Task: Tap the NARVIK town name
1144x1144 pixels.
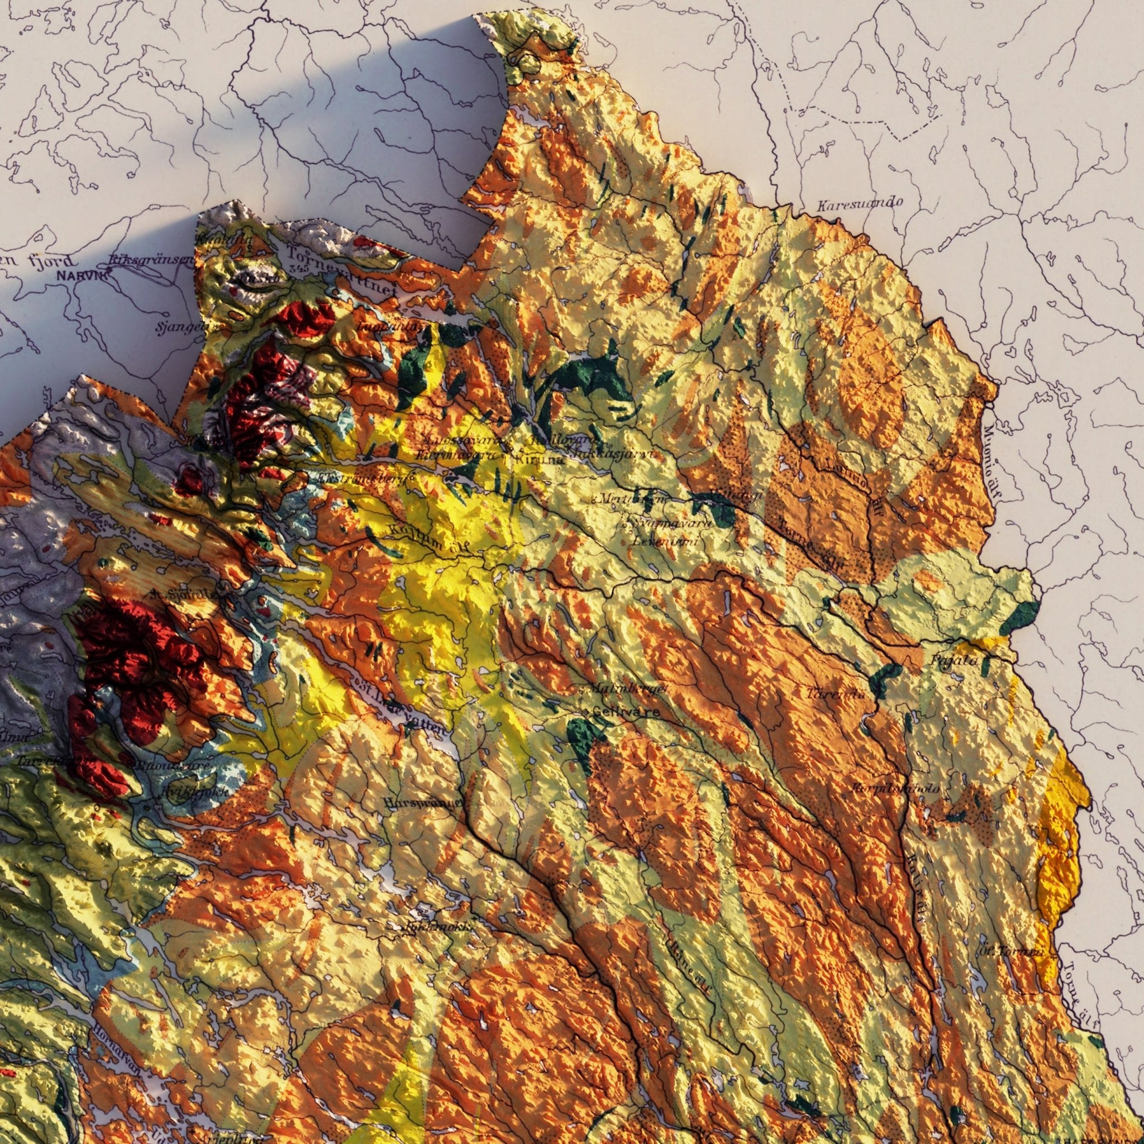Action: click(82, 275)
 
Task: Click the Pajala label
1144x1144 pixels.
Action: click(954, 660)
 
